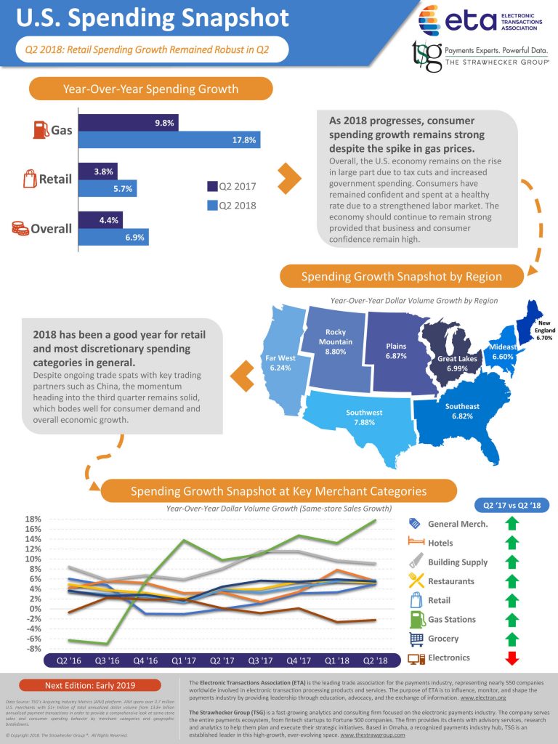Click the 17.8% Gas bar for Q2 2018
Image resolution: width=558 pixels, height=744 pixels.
tap(169, 140)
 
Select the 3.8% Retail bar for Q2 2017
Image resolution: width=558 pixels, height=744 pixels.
tap(97, 171)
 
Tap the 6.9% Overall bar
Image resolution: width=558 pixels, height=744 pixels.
tap(113, 237)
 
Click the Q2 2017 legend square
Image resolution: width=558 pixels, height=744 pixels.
tap(213, 186)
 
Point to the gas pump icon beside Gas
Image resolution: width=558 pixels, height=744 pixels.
tap(40, 131)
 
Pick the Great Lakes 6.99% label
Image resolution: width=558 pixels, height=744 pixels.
tap(457, 364)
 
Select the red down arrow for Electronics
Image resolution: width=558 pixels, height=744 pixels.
tap(511, 658)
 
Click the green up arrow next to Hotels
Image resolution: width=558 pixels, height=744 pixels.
tap(511, 543)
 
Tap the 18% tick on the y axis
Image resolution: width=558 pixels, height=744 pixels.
tap(33, 519)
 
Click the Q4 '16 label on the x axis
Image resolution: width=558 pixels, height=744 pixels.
tap(146, 661)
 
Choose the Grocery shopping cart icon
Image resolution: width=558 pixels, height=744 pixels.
tap(416, 639)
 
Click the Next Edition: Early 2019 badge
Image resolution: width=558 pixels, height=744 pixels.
tap(90, 684)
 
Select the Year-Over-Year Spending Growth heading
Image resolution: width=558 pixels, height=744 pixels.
tap(150, 89)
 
